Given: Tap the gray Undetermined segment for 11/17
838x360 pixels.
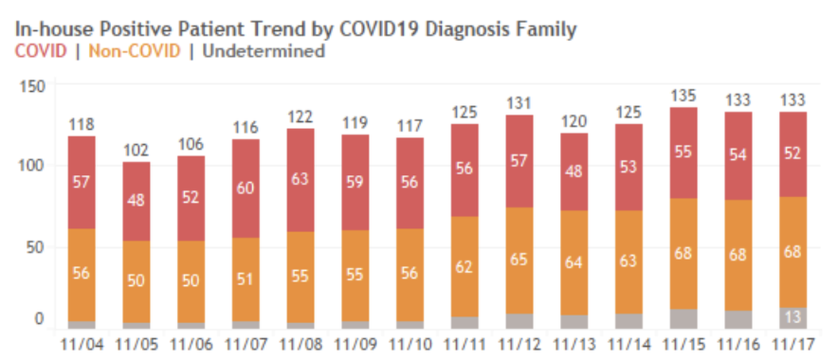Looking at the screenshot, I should (793, 317).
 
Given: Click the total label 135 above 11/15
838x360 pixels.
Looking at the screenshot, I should (684, 96).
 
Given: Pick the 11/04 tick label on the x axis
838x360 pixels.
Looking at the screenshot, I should (82, 343).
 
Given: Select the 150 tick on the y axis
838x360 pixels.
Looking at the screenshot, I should (35, 87).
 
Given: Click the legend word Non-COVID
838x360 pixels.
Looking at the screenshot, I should (135, 51).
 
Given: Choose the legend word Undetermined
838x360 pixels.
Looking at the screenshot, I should (263, 51).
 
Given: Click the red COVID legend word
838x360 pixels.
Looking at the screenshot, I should (41, 51).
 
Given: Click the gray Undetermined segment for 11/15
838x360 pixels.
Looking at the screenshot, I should (684, 318).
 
